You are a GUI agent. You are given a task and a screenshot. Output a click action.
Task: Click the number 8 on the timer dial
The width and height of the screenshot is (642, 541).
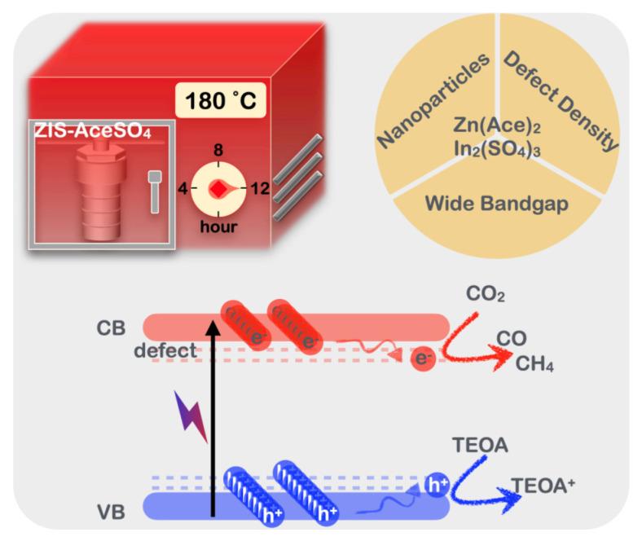[x=218, y=150]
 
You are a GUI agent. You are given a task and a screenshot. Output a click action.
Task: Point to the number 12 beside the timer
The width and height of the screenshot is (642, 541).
[x=260, y=189]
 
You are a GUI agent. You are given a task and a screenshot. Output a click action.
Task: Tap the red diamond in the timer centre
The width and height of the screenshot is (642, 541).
[x=218, y=188]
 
